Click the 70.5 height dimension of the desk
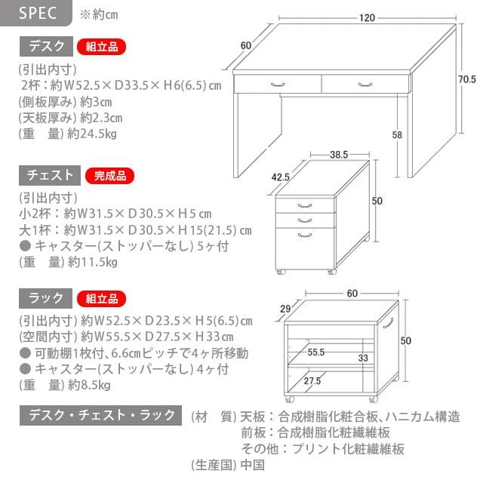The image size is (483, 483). [467, 79]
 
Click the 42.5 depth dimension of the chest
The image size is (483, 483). [281, 177]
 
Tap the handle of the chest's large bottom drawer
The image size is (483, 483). [305, 235]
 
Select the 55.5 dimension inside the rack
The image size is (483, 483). [316, 352]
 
